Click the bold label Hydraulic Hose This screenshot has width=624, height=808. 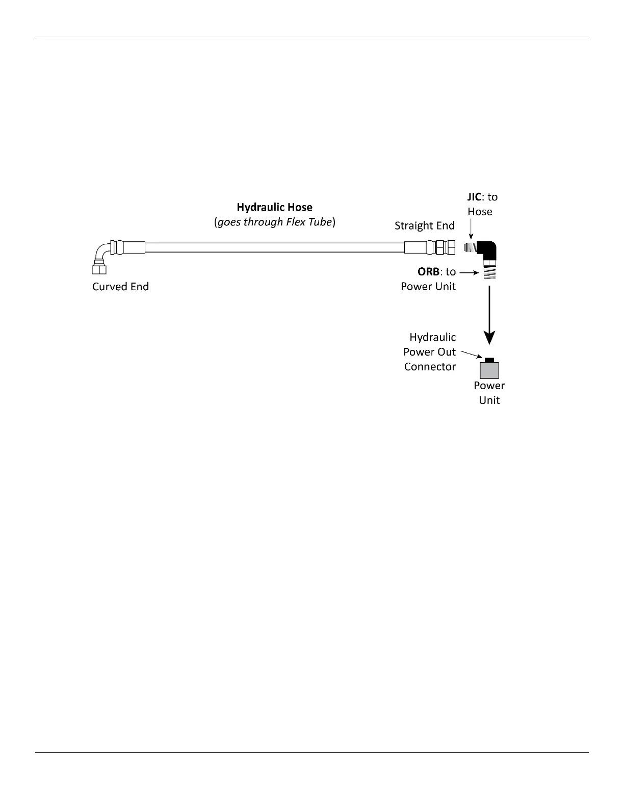(274, 207)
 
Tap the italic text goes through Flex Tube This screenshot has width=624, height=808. (274, 222)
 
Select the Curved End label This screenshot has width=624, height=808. (120, 287)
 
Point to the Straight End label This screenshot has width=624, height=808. (424, 225)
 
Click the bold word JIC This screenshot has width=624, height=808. (474, 197)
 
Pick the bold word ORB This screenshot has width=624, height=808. (428, 272)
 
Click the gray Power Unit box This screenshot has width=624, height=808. (489, 370)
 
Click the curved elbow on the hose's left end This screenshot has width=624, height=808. (103, 251)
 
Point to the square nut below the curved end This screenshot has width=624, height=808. (99, 269)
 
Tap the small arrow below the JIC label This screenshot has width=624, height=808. (471, 230)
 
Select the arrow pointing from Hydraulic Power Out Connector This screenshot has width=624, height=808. (470, 354)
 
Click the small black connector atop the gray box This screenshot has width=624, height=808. (489, 360)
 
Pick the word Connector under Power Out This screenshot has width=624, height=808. (430, 367)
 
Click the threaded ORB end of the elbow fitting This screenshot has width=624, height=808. (489, 272)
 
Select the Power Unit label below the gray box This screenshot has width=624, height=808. (489, 393)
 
